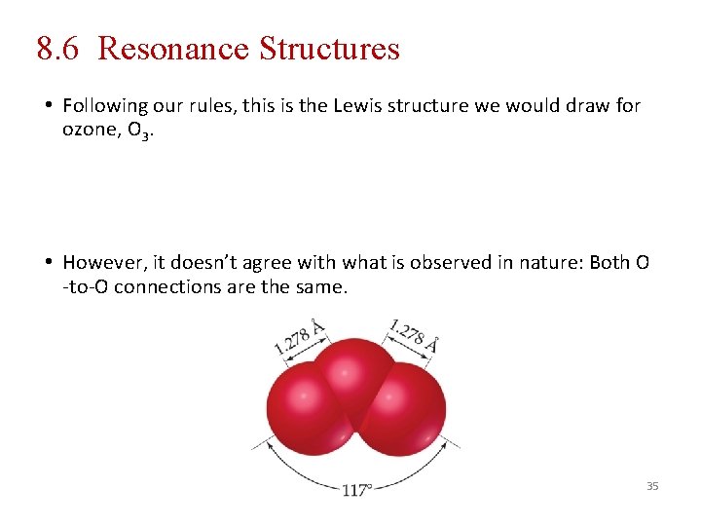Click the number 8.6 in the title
pos(59,48)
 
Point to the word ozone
pos(91,131)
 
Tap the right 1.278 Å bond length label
pos(414,335)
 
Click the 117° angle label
pos(357,490)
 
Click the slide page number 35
pos(652,485)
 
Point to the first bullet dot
pos(48,105)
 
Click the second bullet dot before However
pos(48,262)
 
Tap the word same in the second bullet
pos(321,287)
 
